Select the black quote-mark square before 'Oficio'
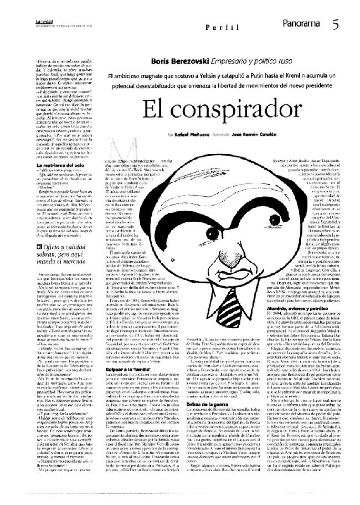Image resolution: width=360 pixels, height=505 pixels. [x=38, y=247]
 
